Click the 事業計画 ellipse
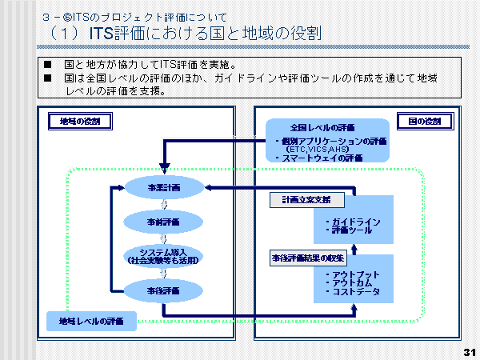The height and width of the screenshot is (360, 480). click(165, 187)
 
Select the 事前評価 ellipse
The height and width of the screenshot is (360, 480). click(165, 222)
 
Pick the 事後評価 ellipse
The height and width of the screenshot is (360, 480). click(165, 290)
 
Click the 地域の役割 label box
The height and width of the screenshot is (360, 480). click(80, 122)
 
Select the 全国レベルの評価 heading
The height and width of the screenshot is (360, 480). click(322, 127)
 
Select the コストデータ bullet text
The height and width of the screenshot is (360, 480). click(355, 292)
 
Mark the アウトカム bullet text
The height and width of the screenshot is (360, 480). click(352, 283)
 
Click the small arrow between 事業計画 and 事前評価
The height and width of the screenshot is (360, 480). click(164, 204)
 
